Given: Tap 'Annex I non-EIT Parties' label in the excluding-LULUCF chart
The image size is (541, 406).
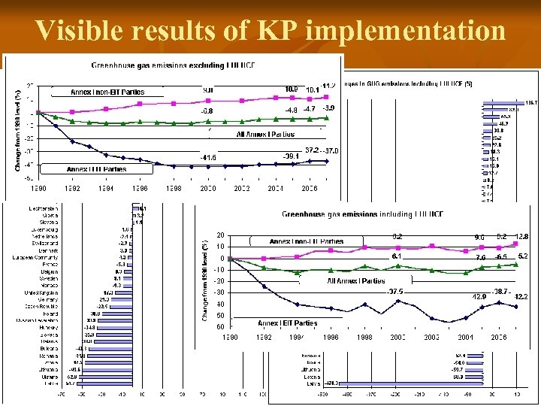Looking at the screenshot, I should pos(107,92).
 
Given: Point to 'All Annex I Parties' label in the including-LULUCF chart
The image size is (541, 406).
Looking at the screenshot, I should pos(356,280).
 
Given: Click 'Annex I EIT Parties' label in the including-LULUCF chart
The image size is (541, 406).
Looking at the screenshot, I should pos(287,323).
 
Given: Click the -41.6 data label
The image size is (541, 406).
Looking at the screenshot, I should pos(208,157).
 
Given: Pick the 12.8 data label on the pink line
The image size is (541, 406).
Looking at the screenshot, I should pos(521,237).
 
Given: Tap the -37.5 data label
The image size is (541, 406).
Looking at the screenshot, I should pos(396,292).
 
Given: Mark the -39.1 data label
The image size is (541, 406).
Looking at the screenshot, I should pos(292,156).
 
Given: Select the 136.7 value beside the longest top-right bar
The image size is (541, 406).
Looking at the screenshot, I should pos(530,102).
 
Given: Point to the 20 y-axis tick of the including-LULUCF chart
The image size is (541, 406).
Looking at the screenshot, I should pos(219,235).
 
